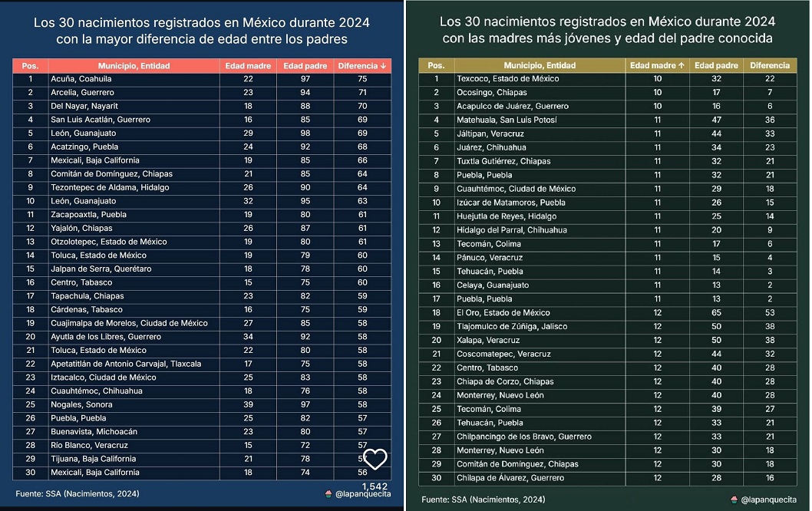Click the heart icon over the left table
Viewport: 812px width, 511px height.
pyautogui.click(x=375, y=460)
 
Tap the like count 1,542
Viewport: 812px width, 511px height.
pyautogui.click(x=375, y=486)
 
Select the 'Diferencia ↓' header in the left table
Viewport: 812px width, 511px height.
pyautogui.click(x=362, y=66)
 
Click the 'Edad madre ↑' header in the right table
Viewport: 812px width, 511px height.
pyautogui.click(x=657, y=66)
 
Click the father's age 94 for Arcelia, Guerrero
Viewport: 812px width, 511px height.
pyautogui.click(x=305, y=92)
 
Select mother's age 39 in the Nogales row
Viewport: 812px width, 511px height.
pyautogui.click(x=248, y=404)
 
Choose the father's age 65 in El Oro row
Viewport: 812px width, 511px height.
pyautogui.click(x=715, y=312)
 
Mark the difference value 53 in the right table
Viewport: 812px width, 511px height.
pyautogui.click(x=769, y=312)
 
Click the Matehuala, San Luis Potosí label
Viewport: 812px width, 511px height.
pyautogui.click(x=507, y=120)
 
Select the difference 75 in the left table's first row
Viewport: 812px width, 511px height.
pyautogui.click(x=362, y=78)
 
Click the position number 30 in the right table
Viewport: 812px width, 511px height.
pyautogui.click(x=436, y=478)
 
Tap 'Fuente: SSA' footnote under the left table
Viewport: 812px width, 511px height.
pyautogui.click(x=78, y=493)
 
